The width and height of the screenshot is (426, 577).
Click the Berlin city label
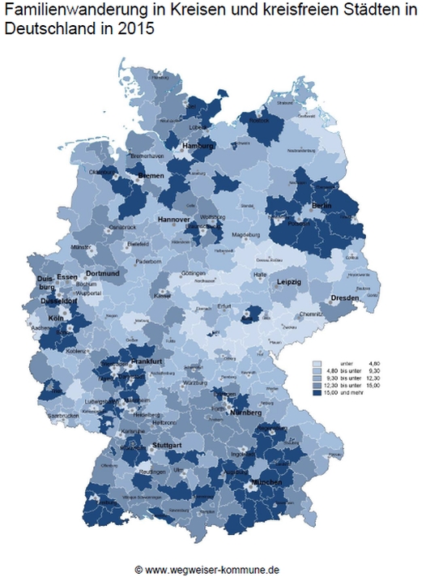point(322,207)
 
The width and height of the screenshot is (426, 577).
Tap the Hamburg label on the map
point(198,146)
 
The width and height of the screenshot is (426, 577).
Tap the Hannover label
point(173,220)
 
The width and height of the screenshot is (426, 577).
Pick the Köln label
point(56,318)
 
